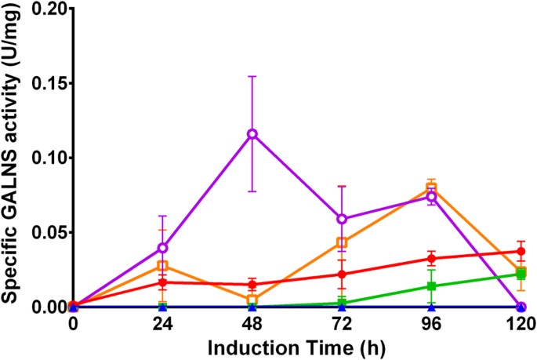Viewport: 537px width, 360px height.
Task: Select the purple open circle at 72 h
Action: point(342,219)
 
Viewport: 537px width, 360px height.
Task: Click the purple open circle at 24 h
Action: point(162,248)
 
